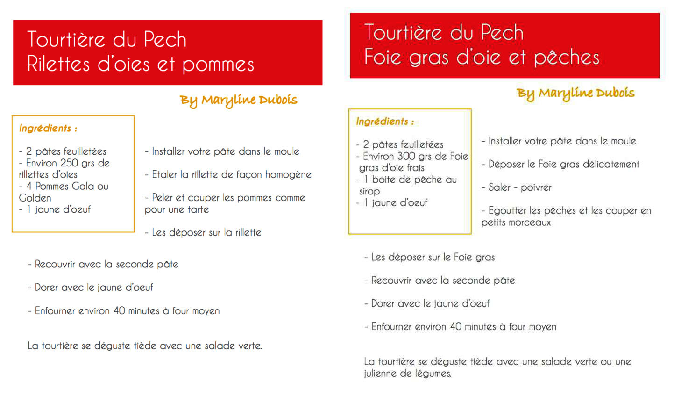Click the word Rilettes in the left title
[x=58, y=64]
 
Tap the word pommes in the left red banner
[x=218, y=65]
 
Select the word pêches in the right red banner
[x=566, y=58]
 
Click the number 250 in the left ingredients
[x=69, y=163]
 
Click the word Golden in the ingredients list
[x=35, y=198]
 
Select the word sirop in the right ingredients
[x=369, y=191]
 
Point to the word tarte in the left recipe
[x=198, y=209]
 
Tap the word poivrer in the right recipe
[x=536, y=187]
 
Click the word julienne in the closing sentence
[x=380, y=374]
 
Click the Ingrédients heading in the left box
[x=45, y=128]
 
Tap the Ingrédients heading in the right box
[x=382, y=122]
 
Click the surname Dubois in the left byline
[x=278, y=100]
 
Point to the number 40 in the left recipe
[x=119, y=311]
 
